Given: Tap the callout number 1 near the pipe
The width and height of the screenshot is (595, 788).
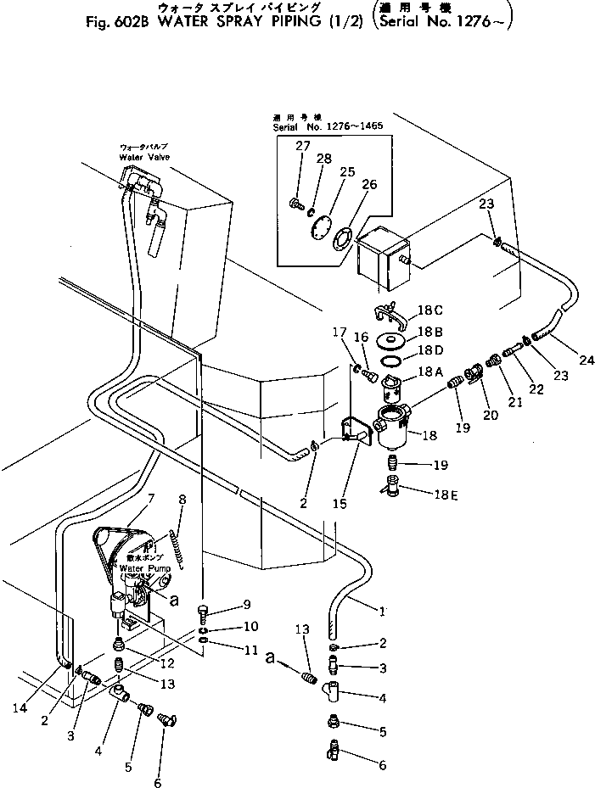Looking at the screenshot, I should tap(382, 611).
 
